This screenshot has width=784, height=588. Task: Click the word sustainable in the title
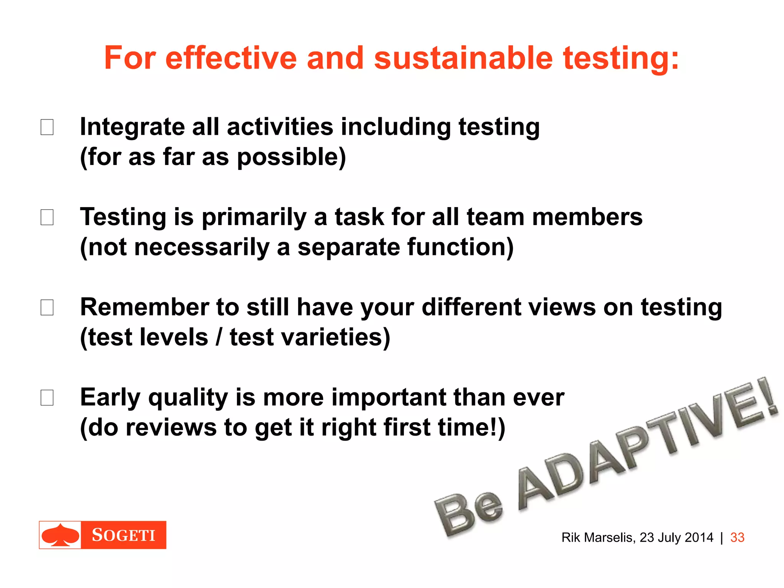click(x=463, y=58)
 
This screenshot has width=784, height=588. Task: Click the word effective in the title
click(x=231, y=58)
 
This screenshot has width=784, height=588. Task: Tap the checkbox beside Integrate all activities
click(x=47, y=127)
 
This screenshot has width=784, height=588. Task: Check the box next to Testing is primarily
click(x=47, y=217)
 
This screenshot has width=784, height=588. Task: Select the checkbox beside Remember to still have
click(x=47, y=307)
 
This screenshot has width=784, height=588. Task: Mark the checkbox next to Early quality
click(x=47, y=398)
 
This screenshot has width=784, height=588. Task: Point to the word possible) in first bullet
click(x=291, y=157)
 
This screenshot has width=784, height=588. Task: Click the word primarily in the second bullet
click(x=254, y=217)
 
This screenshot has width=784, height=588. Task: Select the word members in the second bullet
click(x=587, y=217)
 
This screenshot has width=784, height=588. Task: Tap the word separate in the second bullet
click(x=348, y=248)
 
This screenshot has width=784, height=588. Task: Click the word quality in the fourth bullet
click(x=188, y=398)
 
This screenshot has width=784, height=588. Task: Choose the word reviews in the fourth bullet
click(x=171, y=428)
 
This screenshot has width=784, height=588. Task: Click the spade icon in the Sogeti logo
click(x=60, y=535)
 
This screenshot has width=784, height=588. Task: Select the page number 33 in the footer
click(x=737, y=537)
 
